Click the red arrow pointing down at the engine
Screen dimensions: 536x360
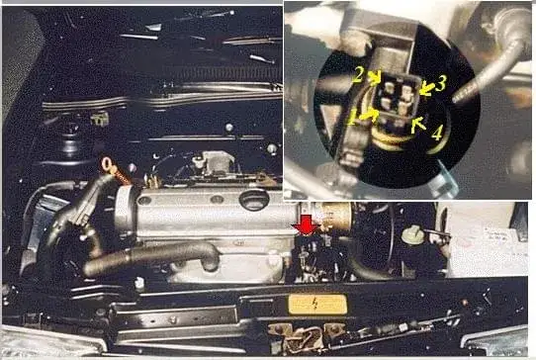(306, 225)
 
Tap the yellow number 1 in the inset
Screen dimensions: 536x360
(352, 119)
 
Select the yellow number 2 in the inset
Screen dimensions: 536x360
(358, 74)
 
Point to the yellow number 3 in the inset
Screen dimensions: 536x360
(441, 83)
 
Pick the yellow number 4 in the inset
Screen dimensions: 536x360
(437, 133)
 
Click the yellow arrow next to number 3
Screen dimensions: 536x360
(426, 89)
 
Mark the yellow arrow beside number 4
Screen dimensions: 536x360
(418, 125)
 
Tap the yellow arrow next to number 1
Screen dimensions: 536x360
(368, 115)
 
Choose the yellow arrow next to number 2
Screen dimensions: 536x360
(377, 77)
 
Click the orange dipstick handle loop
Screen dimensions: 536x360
(108, 164)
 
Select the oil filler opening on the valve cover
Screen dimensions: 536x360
(254, 199)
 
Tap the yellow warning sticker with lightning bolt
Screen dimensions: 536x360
(317, 304)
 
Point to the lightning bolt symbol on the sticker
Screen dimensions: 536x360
(314, 303)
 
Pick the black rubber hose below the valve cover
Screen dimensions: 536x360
(150, 258)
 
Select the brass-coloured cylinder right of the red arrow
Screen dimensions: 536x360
(335, 218)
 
